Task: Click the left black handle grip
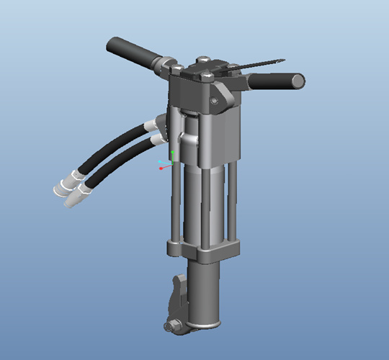133,53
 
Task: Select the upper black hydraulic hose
115,148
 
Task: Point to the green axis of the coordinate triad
172,156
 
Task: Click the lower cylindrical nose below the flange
205,295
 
